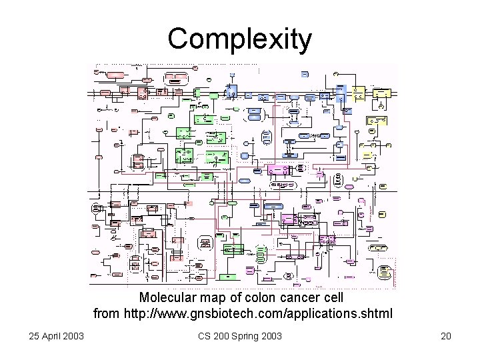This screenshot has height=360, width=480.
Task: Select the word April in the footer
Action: point(53,335)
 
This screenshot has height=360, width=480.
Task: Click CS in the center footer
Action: point(205,335)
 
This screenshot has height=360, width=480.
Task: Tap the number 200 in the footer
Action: point(223,335)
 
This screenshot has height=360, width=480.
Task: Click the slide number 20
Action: point(446,335)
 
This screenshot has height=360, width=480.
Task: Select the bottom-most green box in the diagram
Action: point(227,275)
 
